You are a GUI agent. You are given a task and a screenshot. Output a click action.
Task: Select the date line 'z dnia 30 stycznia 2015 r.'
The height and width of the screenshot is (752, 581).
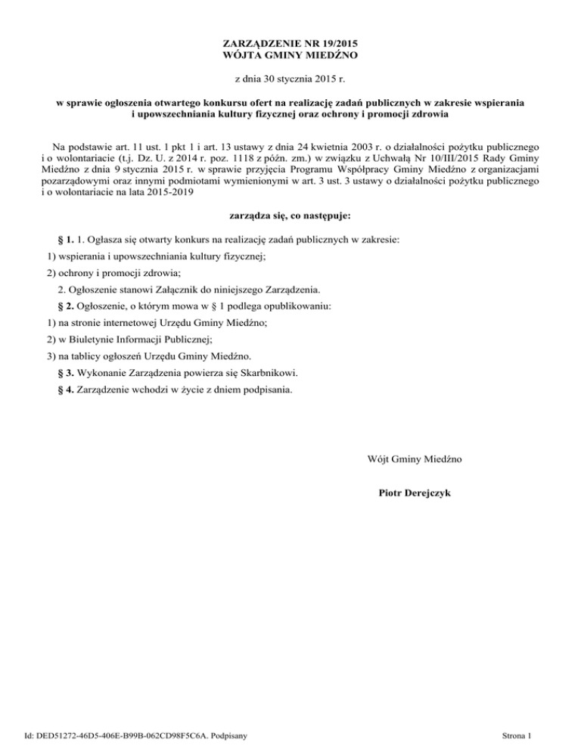[x=290, y=79]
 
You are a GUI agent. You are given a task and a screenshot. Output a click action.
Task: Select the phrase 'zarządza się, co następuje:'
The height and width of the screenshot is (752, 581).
[x=290, y=216]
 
